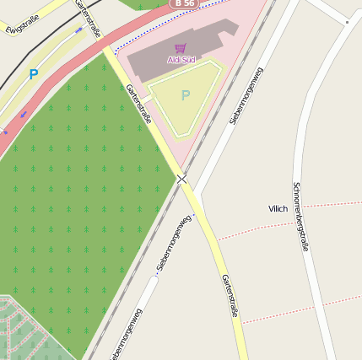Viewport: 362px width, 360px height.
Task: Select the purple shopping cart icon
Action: (180, 48)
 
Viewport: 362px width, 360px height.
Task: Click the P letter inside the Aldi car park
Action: (186, 96)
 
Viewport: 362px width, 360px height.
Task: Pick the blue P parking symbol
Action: (34, 74)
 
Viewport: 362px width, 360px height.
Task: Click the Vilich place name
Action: (278, 208)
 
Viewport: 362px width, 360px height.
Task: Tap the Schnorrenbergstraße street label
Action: (299, 216)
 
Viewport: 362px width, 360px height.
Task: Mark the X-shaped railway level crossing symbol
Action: (182, 178)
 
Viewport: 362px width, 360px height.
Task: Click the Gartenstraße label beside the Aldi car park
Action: (138, 104)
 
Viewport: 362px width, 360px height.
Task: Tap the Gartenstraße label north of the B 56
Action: (89, 19)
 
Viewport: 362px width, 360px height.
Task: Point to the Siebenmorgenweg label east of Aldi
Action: (246, 94)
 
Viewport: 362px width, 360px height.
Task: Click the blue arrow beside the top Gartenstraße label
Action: (79, 30)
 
